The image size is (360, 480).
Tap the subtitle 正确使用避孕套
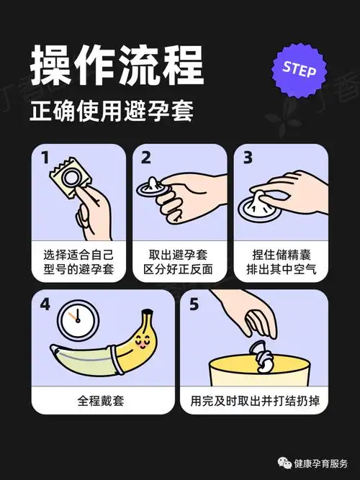coord(112,112)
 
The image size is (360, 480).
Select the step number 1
coord(45,157)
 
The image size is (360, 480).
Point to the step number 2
coord(146,157)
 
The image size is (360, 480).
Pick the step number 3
coord(248,157)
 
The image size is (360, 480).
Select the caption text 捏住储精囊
coord(278,255)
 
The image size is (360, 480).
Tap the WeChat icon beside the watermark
coord(279,463)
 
